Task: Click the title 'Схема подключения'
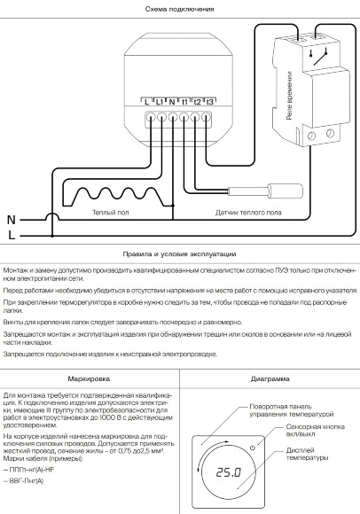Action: [180, 8]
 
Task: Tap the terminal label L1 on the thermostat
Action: [160, 102]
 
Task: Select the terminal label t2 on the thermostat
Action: [197, 102]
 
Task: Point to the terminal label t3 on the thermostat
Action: [209, 102]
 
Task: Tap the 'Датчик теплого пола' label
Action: [249, 213]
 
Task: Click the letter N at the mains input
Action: [12, 218]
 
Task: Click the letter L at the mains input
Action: [12, 235]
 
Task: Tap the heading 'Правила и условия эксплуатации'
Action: [180, 253]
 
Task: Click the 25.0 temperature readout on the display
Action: [230, 473]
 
